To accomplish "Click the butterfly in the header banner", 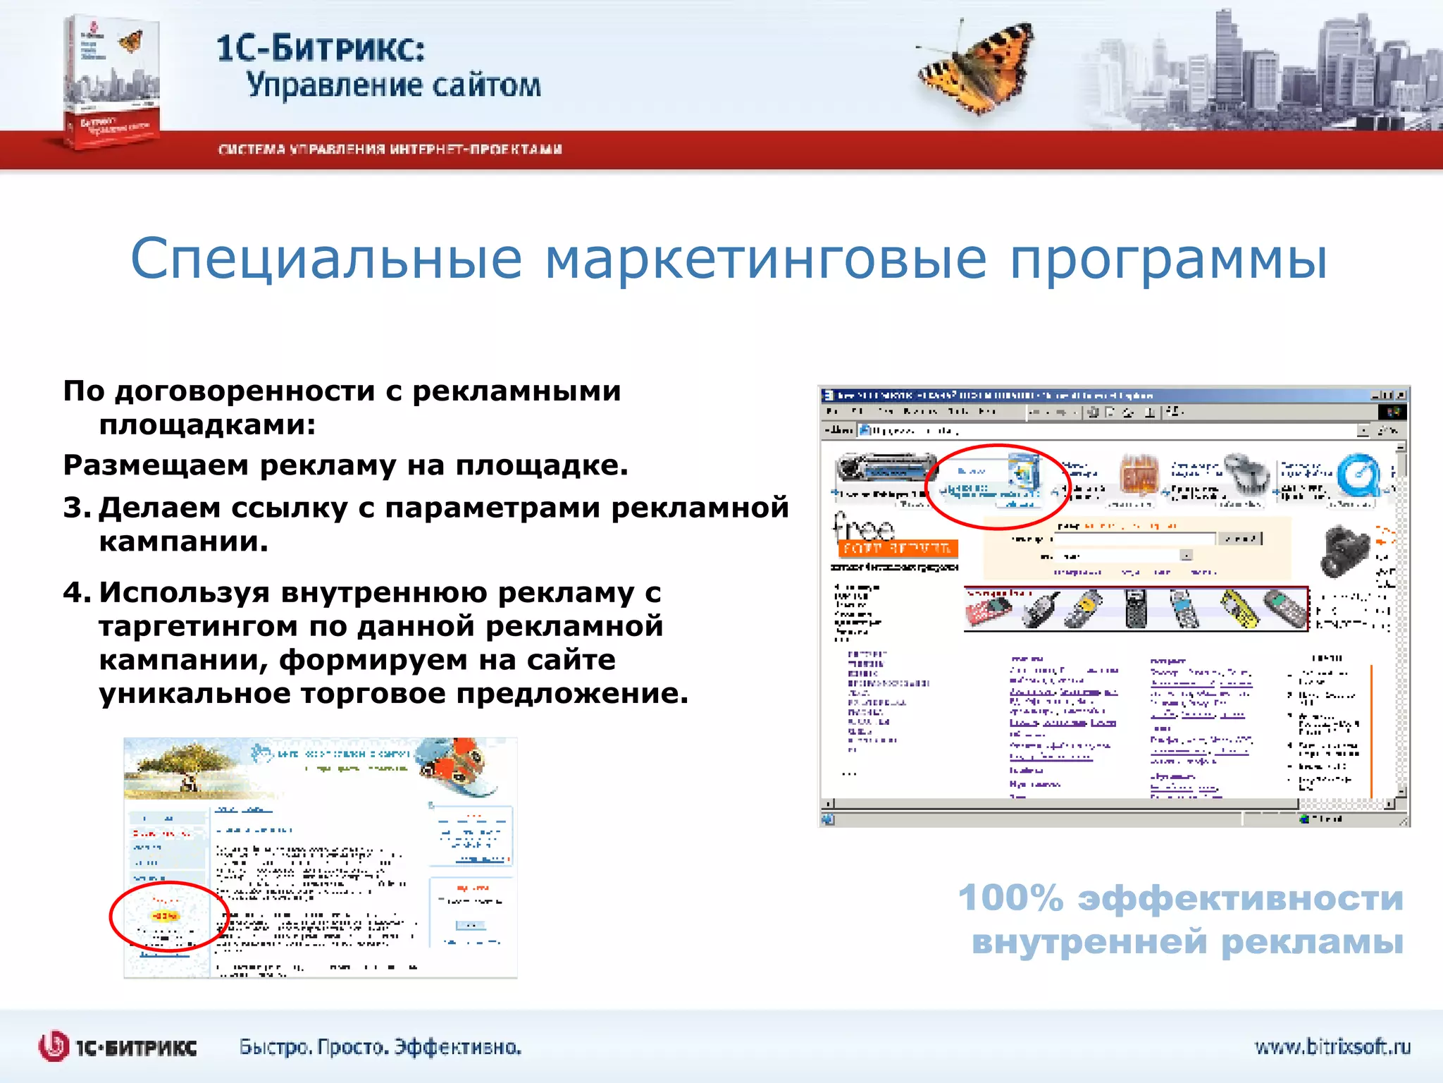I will click(976, 68).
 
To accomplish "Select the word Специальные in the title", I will click(326, 259).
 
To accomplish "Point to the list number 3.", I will click(76, 508).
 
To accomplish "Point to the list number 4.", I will click(76, 592).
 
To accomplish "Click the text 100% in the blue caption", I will click(1010, 898).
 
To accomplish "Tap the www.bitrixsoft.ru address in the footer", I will click(1332, 1046).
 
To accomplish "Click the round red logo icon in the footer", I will click(54, 1046).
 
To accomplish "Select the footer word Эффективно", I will click(457, 1047).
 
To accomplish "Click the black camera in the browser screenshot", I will click(1345, 550).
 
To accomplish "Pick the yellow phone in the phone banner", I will click(1238, 609).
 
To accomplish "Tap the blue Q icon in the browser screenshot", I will click(1357, 476).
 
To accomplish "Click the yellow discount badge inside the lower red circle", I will click(164, 916).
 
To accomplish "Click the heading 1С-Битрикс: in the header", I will click(321, 48).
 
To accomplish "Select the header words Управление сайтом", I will click(393, 85).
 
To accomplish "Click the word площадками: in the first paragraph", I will click(207, 425).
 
